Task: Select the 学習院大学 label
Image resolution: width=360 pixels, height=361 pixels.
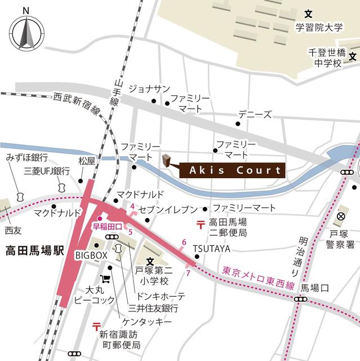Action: pyautogui.click(x=318, y=27)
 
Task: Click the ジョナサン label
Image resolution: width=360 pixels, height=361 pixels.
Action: pyautogui.click(x=149, y=89)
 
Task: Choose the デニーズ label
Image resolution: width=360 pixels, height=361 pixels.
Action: pyautogui.click(x=254, y=113)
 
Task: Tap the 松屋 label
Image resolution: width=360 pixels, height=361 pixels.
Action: pyautogui.click(x=87, y=161)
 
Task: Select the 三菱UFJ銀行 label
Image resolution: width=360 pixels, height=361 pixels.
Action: pyautogui.click(x=47, y=171)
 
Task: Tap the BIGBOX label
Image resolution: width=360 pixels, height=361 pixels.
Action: pyautogui.click(x=91, y=256)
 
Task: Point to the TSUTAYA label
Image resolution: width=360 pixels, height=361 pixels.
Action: pyautogui.click(x=211, y=248)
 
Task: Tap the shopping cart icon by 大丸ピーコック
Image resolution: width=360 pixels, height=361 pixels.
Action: pyautogui.click(x=105, y=279)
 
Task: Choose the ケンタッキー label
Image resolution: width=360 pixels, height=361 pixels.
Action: pyautogui.click(x=150, y=321)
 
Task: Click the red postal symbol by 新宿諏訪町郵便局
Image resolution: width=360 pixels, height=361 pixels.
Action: pyautogui.click(x=96, y=325)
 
